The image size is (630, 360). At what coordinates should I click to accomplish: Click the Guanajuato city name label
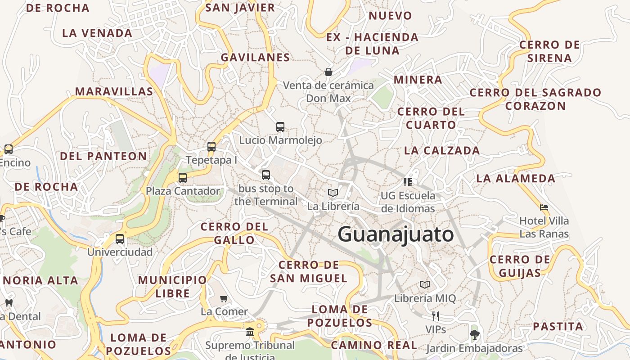396,234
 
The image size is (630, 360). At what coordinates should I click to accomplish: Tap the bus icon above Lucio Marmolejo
280,127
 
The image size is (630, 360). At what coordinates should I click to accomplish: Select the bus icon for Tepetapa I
211,147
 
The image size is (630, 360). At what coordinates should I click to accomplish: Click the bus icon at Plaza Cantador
182,177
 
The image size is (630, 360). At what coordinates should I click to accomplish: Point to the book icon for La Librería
333,193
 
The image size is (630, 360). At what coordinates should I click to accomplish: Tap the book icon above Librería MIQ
425,284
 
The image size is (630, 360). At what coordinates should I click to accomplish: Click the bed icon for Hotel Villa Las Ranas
544,207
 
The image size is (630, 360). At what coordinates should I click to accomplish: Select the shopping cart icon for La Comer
224,298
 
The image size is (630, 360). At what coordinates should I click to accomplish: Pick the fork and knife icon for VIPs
435,316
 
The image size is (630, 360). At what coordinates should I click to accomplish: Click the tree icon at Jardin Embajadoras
474,334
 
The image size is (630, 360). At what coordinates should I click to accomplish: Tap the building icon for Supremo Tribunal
250,332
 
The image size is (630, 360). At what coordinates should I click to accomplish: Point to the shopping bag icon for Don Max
328,72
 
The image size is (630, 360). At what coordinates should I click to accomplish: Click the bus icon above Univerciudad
120,239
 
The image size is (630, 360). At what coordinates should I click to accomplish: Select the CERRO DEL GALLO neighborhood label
234,233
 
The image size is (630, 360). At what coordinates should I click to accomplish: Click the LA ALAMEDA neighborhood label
516,178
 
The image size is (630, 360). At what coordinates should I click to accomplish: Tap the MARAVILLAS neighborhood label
114,91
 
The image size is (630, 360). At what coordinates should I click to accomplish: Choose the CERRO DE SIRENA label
549,51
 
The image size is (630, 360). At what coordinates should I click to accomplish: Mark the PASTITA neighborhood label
558,326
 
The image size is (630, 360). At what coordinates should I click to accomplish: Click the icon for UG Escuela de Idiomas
408,182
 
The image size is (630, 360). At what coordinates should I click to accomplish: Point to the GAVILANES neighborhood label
255,57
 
